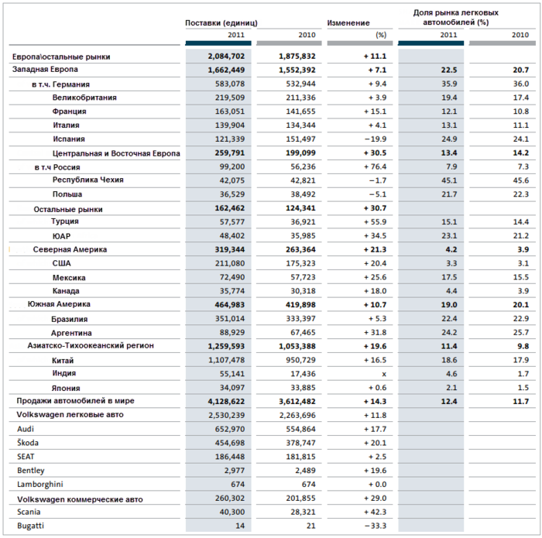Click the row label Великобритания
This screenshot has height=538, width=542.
[84, 98]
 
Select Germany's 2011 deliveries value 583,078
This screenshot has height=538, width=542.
[230, 84]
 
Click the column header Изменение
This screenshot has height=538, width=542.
[348, 22]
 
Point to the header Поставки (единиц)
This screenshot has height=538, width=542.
[221, 23]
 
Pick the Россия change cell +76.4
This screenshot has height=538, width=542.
[375, 167]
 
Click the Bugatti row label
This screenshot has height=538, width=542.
[30, 526]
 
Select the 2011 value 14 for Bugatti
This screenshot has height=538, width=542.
[240, 526]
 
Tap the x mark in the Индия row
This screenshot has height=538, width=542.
[384, 374]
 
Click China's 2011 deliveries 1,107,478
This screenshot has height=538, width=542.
[226, 360]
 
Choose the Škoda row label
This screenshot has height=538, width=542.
[28, 443]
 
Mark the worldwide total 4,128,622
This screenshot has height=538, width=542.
[226, 402]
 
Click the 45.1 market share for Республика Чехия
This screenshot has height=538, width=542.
[449, 180]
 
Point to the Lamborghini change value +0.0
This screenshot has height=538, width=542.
[377, 485]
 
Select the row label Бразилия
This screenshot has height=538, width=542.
[69, 319]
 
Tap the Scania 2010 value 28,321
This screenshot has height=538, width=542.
[303, 512]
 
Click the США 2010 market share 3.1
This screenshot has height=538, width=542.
[523, 263]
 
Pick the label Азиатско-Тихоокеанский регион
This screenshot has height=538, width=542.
[91, 345]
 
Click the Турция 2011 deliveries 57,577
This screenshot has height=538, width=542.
[232, 222]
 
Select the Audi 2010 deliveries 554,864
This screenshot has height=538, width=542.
[300, 429]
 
